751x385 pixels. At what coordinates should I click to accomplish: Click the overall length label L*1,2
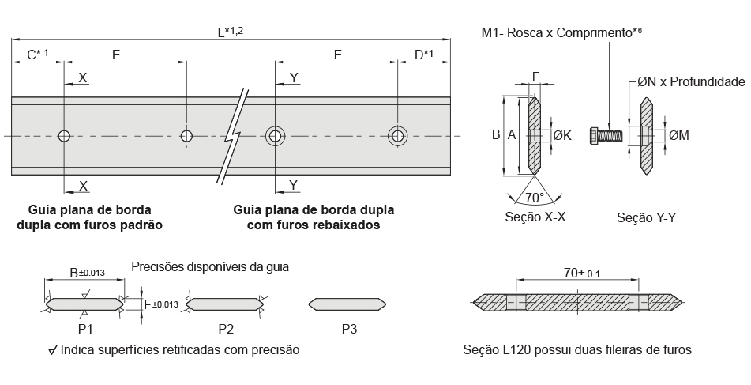click(x=230, y=32)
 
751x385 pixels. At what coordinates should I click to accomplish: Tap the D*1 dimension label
click(x=423, y=55)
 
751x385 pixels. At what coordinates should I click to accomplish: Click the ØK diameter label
click(x=562, y=136)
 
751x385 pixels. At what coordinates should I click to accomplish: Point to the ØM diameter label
click(x=679, y=136)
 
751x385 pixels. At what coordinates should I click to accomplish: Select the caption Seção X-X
click(x=535, y=217)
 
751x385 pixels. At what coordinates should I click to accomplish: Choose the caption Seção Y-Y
click(x=647, y=217)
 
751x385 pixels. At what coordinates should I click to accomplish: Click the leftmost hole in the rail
click(x=64, y=136)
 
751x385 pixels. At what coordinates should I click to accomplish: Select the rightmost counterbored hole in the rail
click(x=397, y=136)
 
